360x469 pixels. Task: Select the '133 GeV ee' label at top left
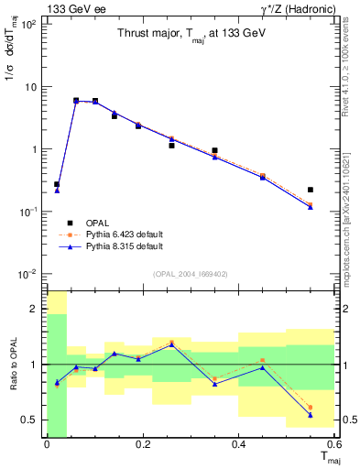[x=72, y=8]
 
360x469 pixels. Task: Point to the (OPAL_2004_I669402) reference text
[x=191, y=273]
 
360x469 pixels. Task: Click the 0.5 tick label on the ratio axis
[x=33, y=420]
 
